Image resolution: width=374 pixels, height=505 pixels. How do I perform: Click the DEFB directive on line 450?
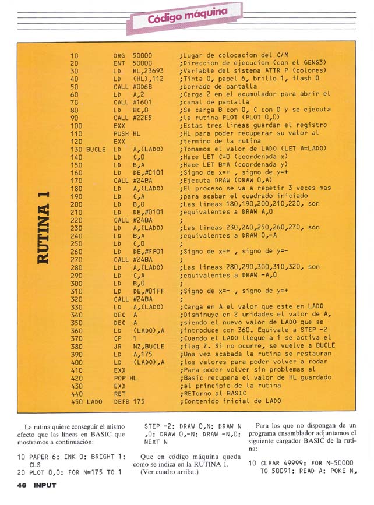coord(121,401)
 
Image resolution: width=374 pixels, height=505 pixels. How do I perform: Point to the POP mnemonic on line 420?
coord(119,377)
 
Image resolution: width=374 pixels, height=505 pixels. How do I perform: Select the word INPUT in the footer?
coord(44,485)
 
